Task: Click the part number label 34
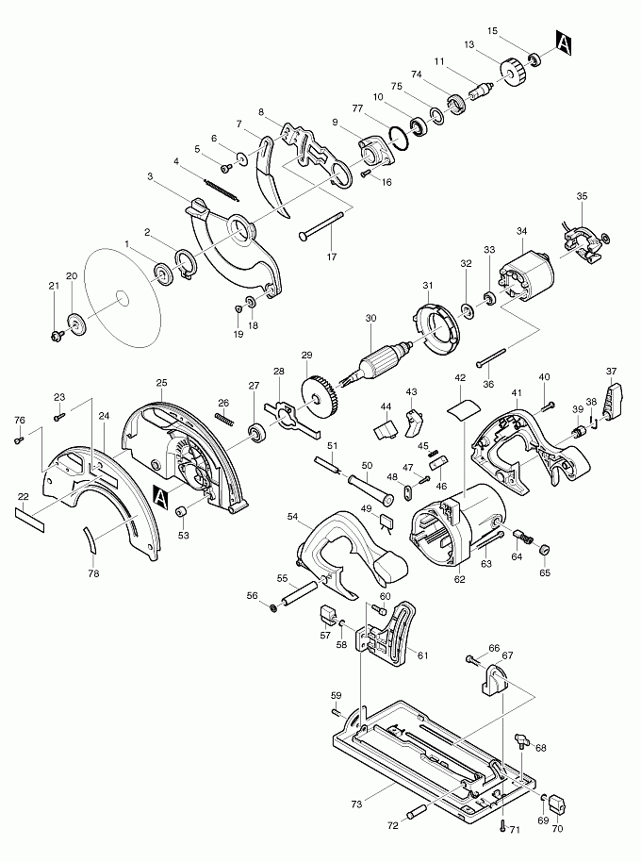click(x=521, y=231)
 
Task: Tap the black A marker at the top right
click(x=564, y=43)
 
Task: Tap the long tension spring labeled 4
click(x=221, y=190)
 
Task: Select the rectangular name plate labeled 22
click(x=29, y=520)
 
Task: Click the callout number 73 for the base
click(x=356, y=804)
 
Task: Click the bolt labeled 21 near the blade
click(x=56, y=334)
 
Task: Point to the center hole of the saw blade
click(x=123, y=300)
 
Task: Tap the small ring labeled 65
click(x=544, y=550)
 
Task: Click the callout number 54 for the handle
click(x=293, y=516)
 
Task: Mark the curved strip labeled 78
click(x=89, y=539)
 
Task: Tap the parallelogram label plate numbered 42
click(x=463, y=409)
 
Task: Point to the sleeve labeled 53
click(x=181, y=512)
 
